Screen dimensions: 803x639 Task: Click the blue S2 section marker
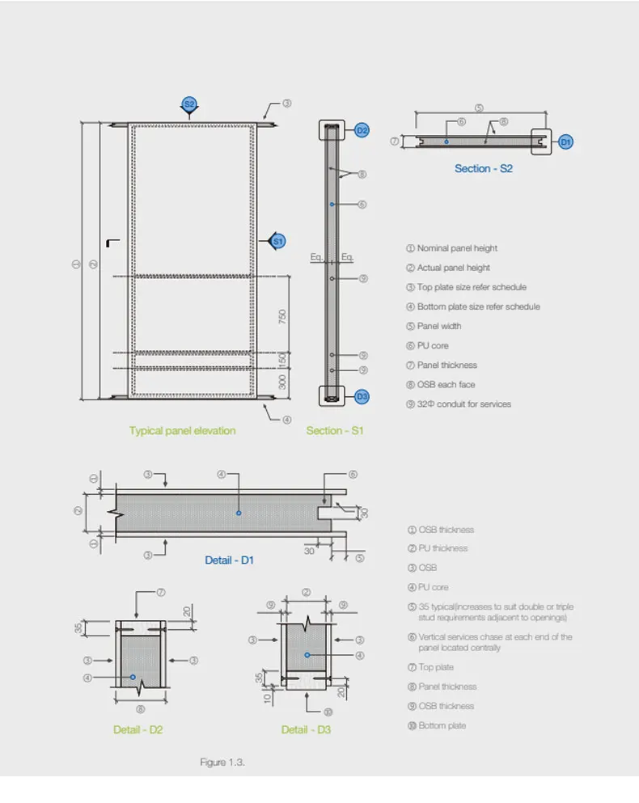click(x=189, y=104)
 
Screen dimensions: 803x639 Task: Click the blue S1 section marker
click(x=277, y=241)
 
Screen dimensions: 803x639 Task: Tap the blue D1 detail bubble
click(x=566, y=142)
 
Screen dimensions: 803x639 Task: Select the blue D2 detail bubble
click(x=362, y=130)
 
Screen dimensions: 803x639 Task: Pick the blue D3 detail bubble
click(x=362, y=396)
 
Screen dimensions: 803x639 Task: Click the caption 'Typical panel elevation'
click(x=183, y=431)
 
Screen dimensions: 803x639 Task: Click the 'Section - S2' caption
click(x=483, y=169)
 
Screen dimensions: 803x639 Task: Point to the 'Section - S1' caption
click(x=335, y=431)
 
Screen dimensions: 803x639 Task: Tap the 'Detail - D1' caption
click(x=229, y=560)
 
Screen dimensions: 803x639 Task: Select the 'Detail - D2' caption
click(x=138, y=729)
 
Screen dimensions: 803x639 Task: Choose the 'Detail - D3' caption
click(x=306, y=729)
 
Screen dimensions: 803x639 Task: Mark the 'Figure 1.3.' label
click(x=222, y=763)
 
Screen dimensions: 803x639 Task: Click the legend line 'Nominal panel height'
click(x=457, y=248)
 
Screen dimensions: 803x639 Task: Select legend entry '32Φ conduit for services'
click(x=463, y=404)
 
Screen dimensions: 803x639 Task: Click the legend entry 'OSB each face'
click(x=446, y=384)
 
